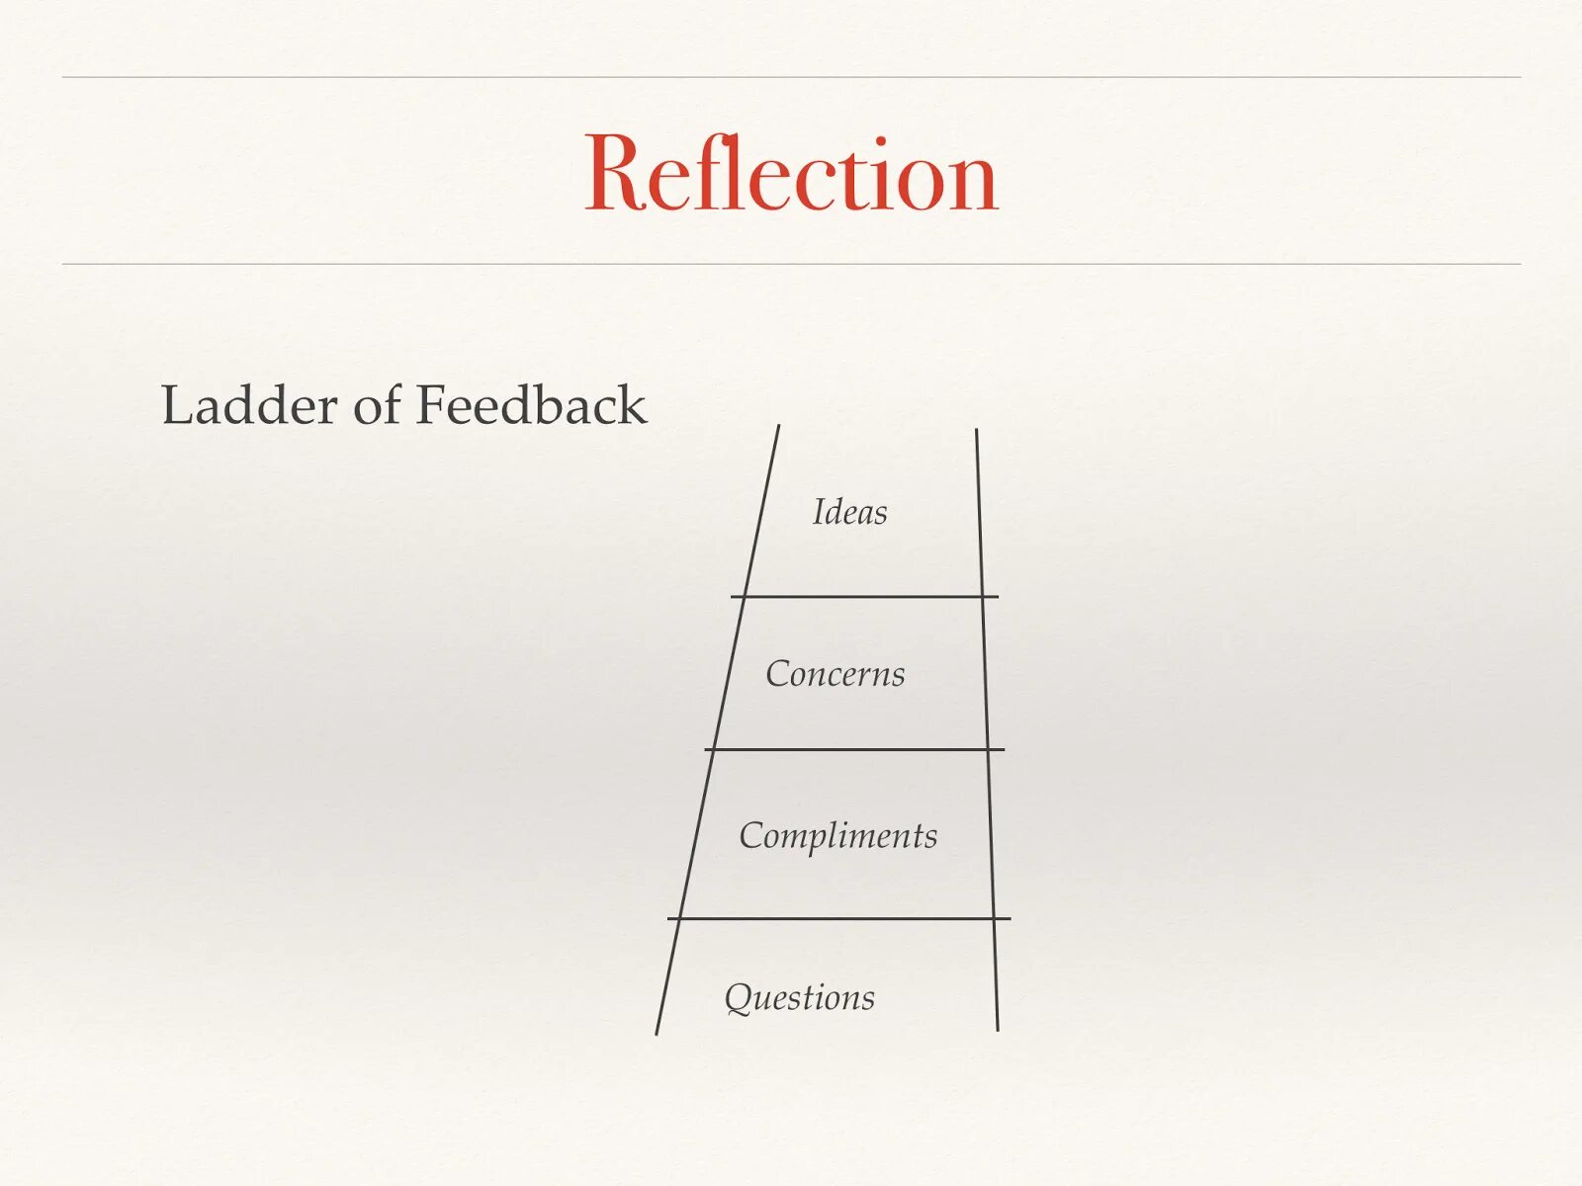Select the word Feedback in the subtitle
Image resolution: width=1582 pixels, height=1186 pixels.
click(531, 405)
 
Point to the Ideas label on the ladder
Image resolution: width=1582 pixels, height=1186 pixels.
click(849, 512)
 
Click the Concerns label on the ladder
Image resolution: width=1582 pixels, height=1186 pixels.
click(835, 674)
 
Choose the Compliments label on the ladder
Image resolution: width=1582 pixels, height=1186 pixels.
click(837, 836)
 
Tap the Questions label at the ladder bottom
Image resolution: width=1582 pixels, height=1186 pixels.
click(799, 997)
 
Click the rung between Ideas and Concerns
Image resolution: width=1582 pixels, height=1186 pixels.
click(864, 597)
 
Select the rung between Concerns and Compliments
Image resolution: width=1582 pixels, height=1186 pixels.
click(854, 749)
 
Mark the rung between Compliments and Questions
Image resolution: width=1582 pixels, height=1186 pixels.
click(838, 918)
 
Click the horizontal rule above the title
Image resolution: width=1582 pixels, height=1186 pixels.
click(791, 77)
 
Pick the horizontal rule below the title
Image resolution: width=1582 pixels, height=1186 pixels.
click(791, 264)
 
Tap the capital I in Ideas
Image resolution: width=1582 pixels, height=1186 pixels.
click(818, 512)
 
